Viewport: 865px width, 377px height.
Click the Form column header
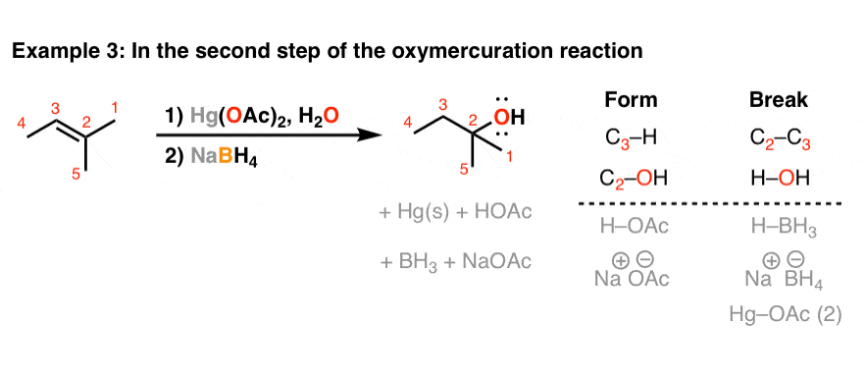pos(631,99)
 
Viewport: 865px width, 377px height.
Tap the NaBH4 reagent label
pos(210,152)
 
